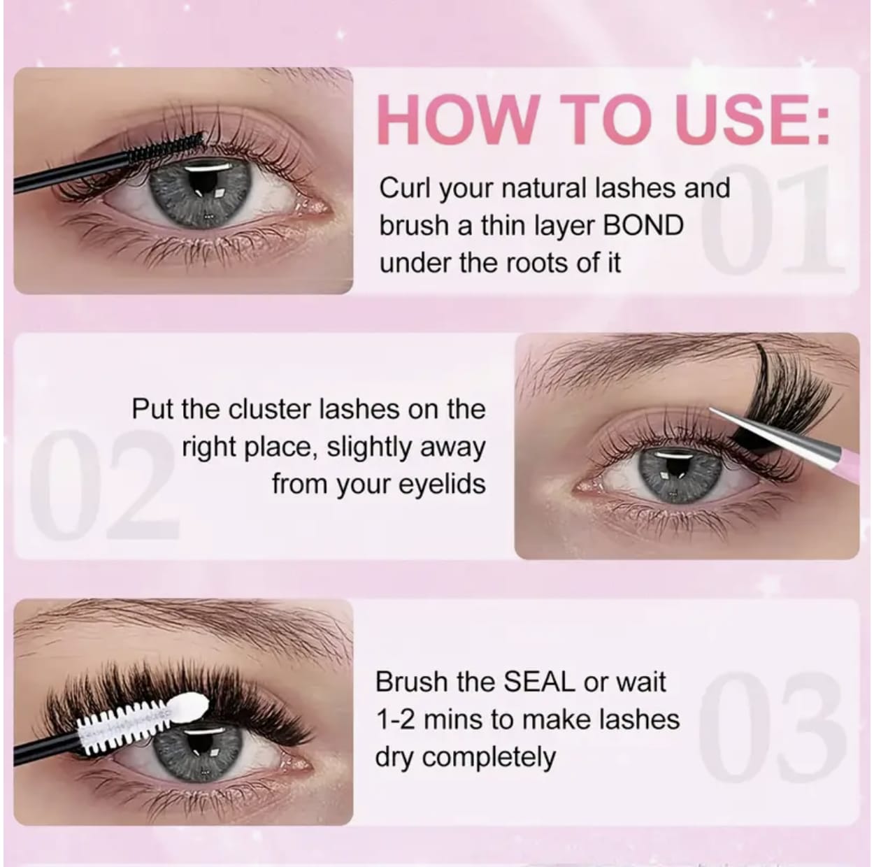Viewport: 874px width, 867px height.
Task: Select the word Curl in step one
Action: pos(400,189)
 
